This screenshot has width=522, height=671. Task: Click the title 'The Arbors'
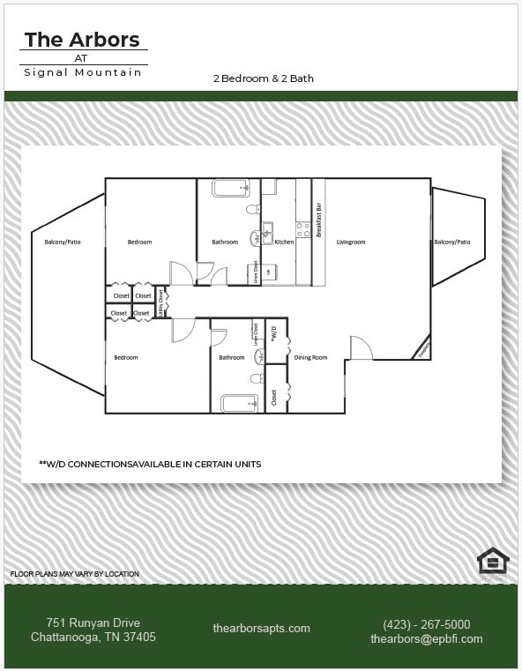tap(82, 40)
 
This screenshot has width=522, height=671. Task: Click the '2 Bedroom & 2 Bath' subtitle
tap(263, 78)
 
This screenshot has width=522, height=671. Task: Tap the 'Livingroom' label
tap(351, 242)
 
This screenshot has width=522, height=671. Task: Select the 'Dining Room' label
tap(310, 357)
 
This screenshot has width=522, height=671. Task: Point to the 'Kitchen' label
tap(284, 242)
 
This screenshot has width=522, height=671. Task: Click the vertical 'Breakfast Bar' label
tap(318, 220)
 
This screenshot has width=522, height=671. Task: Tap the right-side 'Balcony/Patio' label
tap(451, 242)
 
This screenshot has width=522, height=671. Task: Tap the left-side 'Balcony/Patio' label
tap(63, 242)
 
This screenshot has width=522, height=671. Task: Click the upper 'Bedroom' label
tap(139, 242)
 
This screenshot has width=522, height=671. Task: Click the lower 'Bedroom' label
tap(125, 357)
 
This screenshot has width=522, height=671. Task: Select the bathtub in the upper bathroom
tap(231, 188)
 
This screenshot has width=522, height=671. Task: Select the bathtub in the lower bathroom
tap(239, 404)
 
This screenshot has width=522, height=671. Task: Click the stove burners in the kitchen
tap(302, 229)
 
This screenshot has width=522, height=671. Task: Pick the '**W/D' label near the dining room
tap(274, 334)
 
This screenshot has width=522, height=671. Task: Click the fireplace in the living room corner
tap(422, 350)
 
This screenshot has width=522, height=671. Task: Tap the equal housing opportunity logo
tap(492, 561)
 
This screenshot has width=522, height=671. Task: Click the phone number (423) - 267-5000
tap(426, 623)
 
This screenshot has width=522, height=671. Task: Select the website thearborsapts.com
tap(261, 628)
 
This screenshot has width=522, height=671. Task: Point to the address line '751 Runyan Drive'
tap(93, 623)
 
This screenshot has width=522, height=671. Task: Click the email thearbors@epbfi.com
tap(426, 638)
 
